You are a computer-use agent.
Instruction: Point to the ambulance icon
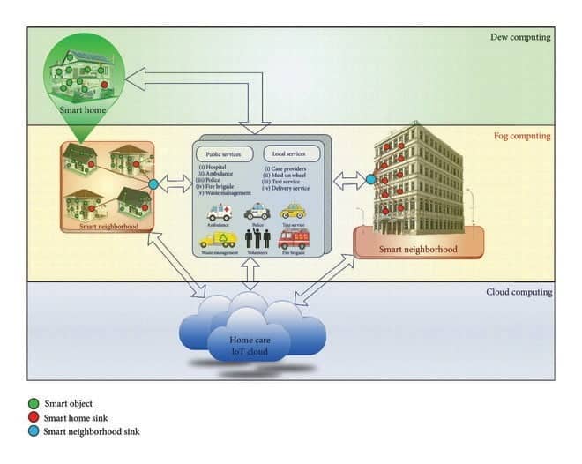(x=218, y=213)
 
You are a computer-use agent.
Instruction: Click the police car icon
(x=257, y=213)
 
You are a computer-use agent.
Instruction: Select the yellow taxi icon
(x=292, y=212)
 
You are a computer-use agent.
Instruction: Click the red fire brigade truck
(x=293, y=238)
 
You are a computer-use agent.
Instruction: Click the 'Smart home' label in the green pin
(x=83, y=111)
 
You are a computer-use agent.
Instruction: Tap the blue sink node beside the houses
(x=153, y=184)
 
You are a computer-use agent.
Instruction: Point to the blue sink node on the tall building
(x=370, y=179)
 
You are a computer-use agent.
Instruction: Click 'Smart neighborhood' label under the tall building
(x=418, y=249)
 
